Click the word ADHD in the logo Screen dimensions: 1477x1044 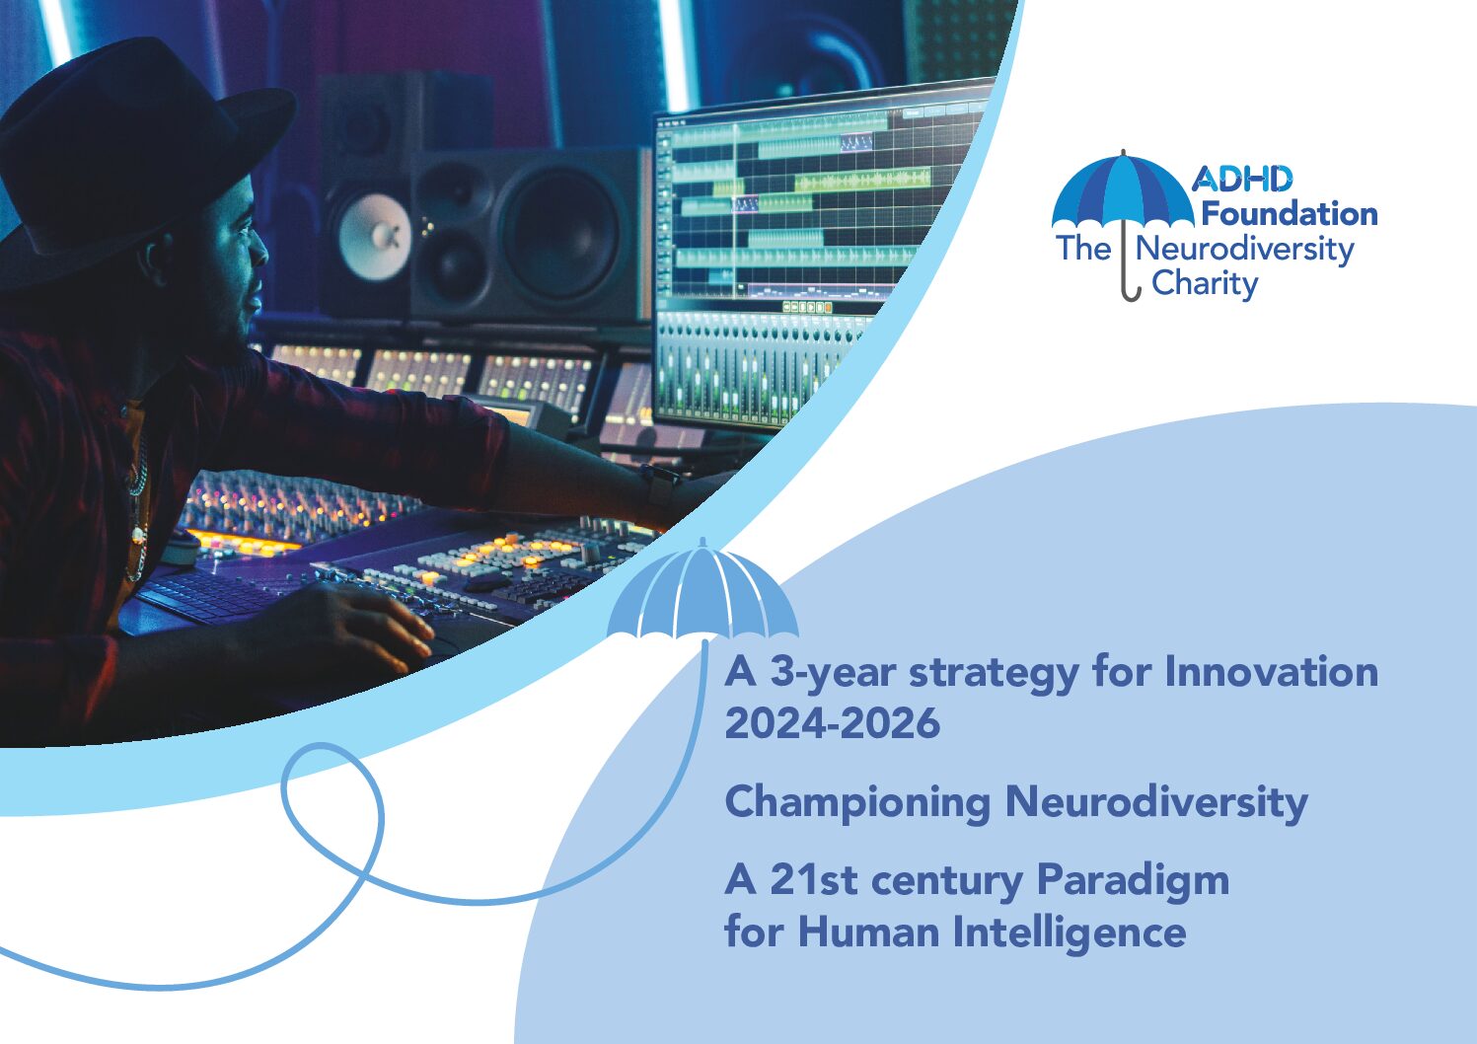pyautogui.click(x=1241, y=179)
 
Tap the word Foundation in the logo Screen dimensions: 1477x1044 pyautogui.click(x=1290, y=214)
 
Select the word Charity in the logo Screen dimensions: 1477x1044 pyautogui.click(x=1205, y=285)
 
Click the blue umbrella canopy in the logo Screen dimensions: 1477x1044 pyautogui.click(x=1123, y=191)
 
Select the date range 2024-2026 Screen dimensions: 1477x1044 pyautogui.click(x=832, y=723)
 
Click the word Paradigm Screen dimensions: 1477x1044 pyautogui.click(x=1133, y=882)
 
